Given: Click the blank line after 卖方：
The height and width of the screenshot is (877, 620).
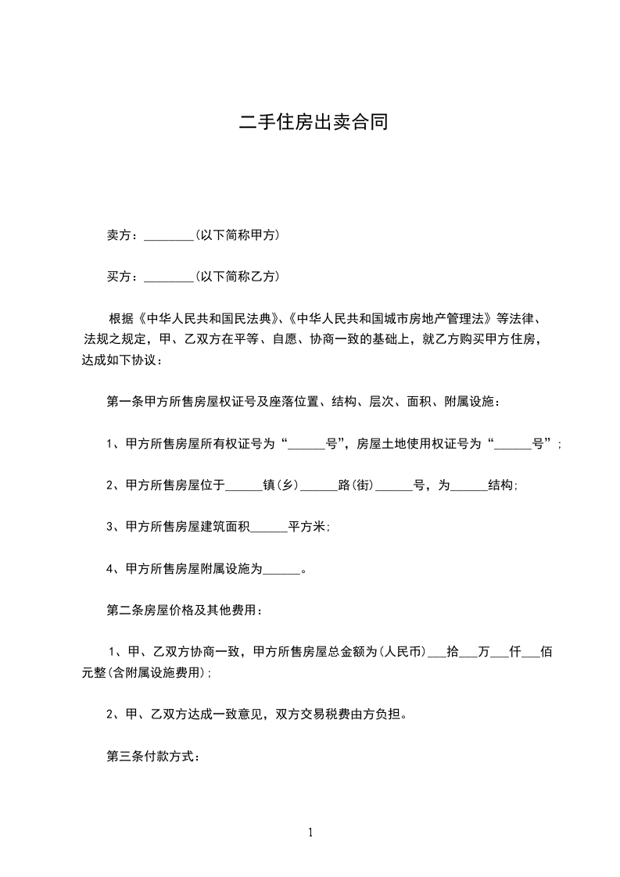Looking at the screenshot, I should click(x=169, y=235).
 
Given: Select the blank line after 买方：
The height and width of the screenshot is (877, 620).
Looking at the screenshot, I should click(x=169, y=277).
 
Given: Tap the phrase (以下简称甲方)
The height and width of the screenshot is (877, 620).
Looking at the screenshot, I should click(x=237, y=235).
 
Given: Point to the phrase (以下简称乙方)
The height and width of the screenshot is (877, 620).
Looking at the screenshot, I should click(x=237, y=277).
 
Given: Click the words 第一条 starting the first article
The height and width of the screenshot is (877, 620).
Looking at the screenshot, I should click(x=121, y=403).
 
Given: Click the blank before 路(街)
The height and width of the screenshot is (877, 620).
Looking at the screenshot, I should click(x=319, y=485).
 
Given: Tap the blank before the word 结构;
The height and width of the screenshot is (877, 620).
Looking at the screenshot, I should click(x=469, y=485).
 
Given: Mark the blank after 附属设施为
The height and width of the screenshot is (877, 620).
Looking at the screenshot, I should click(x=281, y=569).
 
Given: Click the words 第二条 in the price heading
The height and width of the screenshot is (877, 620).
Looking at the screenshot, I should click(x=121, y=610).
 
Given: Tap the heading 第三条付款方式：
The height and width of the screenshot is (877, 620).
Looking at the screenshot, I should click(x=153, y=757).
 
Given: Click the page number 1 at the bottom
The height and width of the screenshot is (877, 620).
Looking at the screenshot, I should click(x=310, y=832).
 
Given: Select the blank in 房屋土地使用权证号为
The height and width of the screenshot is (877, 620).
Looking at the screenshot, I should click(x=513, y=444).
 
